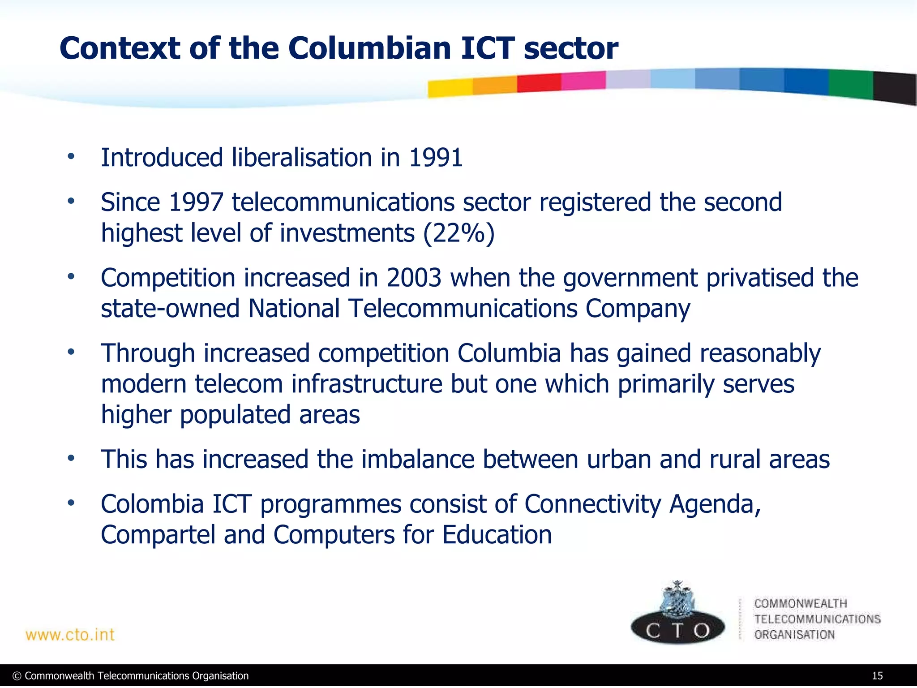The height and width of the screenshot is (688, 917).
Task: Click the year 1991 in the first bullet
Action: pyautogui.click(x=436, y=158)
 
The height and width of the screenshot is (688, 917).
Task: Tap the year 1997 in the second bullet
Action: pyautogui.click(x=196, y=202)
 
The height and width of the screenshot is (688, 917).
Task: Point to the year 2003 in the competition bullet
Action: pyautogui.click(x=414, y=278)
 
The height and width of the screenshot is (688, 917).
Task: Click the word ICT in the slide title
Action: pyautogui.click(x=487, y=48)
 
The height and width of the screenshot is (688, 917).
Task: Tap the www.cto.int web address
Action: pyautogui.click(x=70, y=635)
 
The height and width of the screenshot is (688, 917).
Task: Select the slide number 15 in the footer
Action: pyautogui.click(x=877, y=676)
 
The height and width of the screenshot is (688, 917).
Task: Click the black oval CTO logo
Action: pyautogui.click(x=677, y=629)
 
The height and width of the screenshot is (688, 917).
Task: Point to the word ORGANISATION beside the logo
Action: pyautogui.click(x=794, y=635)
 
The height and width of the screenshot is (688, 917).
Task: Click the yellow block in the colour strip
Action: pyautogui.click(x=450, y=88)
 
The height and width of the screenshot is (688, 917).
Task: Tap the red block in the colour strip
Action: pyautogui.click(x=539, y=83)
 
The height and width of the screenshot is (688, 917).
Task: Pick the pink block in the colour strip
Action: pyautogui.click(x=583, y=81)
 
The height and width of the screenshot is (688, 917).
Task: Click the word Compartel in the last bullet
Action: pyautogui.click(x=158, y=535)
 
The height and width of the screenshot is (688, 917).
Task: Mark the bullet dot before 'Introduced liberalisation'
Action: pyautogui.click(x=71, y=157)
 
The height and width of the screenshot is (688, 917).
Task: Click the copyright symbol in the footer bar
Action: pyautogui.click(x=17, y=676)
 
